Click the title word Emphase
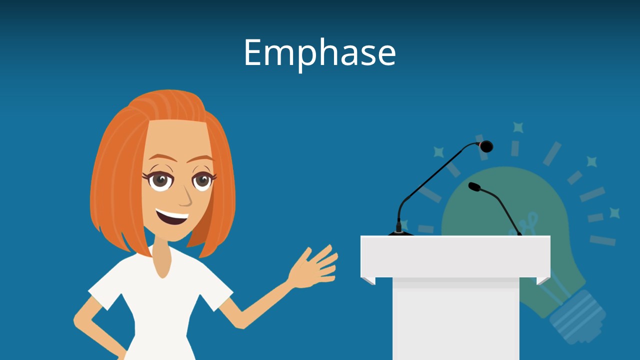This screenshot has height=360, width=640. (x=319, y=52)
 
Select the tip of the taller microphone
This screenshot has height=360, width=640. (x=485, y=146)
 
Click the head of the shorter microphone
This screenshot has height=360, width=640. (x=474, y=186)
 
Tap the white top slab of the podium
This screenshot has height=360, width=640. (x=455, y=255)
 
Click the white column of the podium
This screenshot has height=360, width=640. (x=455, y=320)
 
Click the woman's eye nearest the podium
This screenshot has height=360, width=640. (x=203, y=179)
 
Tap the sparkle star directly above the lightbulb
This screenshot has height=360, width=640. (x=518, y=127)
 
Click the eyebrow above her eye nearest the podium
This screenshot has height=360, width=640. (x=202, y=159)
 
